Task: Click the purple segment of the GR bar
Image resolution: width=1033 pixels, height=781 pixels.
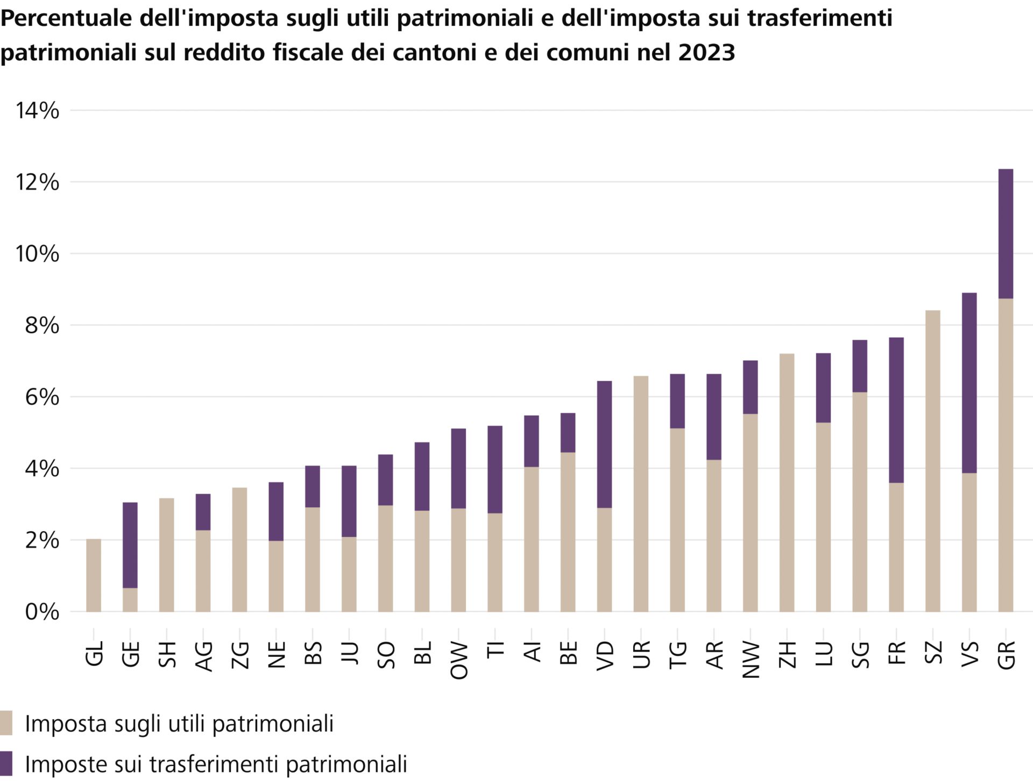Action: (1006, 234)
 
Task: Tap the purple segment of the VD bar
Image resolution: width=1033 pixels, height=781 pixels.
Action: (604, 444)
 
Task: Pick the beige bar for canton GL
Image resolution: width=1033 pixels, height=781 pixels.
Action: (94, 575)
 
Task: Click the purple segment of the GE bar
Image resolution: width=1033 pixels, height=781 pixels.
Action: (130, 545)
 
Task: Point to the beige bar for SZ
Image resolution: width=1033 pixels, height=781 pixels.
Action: (932, 461)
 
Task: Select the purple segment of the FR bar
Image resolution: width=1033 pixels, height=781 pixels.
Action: (896, 410)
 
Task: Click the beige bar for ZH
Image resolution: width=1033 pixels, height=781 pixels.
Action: (787, 482)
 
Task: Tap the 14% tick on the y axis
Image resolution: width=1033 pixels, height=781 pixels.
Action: (37, 111)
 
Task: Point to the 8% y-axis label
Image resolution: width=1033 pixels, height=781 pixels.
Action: (42, 325)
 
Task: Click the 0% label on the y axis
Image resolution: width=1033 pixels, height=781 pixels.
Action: (42, 612)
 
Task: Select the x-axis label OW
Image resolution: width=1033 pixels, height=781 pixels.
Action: (459, 660)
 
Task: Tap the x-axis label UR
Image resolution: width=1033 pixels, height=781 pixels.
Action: (641, 654)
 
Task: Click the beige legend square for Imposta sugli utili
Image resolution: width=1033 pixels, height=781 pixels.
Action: (6, 723)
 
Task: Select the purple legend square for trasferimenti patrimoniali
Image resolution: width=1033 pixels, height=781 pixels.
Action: (6, 763)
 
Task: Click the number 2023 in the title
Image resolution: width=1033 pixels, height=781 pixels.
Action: (706, 53)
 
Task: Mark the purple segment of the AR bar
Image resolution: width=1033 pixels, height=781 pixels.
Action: (713, 417)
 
